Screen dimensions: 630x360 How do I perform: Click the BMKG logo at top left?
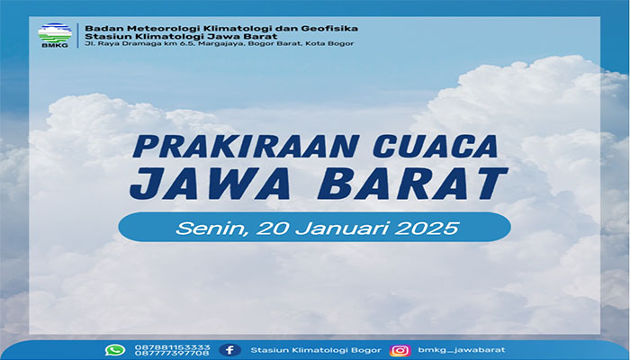point(55,35)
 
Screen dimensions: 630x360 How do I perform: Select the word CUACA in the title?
point(436,146)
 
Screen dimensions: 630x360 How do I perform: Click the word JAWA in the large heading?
point(210,184)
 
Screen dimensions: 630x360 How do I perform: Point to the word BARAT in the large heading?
point(412,184)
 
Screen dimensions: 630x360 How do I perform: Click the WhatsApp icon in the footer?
point(115,350)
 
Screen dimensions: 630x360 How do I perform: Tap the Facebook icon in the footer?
point(229,350)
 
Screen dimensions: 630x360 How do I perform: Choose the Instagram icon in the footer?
point(400,350)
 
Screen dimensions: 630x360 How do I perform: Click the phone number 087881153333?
point(173,347)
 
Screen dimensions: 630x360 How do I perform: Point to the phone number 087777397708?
point(173,353)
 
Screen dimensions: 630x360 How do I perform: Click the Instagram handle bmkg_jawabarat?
point(462,350)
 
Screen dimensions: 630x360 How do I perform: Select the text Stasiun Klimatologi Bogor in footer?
point(316,350)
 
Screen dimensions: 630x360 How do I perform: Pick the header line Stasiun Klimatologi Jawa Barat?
point(181,36)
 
